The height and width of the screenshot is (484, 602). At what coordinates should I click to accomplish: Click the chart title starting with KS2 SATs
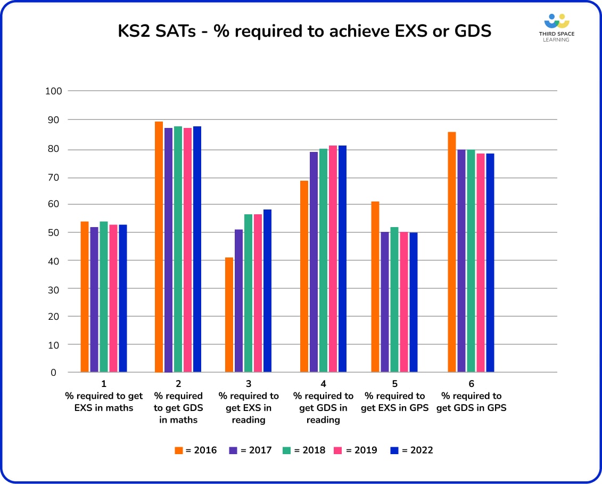pos(304,31)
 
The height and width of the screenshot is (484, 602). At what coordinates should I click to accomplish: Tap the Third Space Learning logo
pos(556,28)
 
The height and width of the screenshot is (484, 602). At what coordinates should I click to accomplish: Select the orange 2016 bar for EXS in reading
pos(229,314)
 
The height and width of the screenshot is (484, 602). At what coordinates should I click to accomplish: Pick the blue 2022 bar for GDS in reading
pos(342,259)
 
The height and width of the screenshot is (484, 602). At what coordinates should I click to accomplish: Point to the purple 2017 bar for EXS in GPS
pos(385,302)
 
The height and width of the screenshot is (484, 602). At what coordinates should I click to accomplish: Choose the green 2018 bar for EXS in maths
pos(104,296)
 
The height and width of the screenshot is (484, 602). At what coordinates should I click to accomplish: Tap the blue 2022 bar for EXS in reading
pos(267,291)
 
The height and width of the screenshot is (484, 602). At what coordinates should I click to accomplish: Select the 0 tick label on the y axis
pos(53,373)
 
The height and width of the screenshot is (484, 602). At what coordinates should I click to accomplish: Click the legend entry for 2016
pos(196,450)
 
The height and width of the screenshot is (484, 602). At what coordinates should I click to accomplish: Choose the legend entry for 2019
pos(356,450)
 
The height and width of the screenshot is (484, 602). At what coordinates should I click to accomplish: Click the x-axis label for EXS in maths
pos(104,402)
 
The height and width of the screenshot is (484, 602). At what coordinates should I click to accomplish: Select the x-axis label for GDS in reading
pos(323,408)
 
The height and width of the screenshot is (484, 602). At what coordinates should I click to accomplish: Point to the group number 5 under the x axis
pos(394,384)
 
